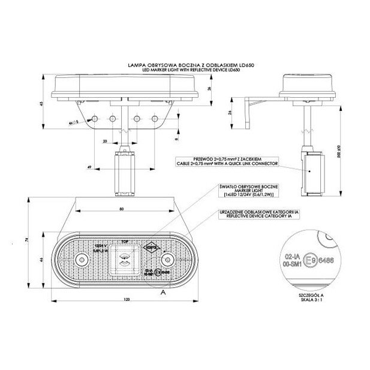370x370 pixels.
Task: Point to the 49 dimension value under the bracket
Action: [88, 167]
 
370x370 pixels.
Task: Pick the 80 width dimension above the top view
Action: [121, 209]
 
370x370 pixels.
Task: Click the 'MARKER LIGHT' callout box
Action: [248, 190]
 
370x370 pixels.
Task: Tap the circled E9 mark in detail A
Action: [308, 262]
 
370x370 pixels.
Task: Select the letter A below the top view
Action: [163, 293]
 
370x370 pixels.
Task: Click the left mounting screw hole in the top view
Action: [81, 259]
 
